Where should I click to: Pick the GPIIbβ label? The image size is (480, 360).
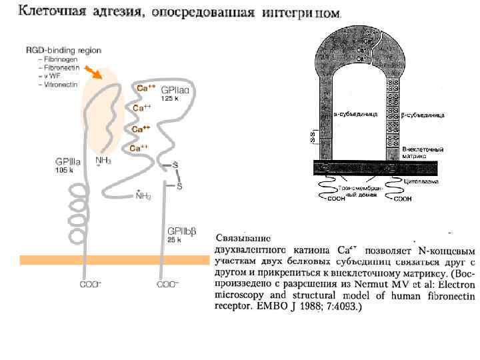(181, 231)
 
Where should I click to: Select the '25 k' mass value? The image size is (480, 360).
(174, 240)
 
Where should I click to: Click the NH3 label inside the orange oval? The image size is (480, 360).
(103, 160)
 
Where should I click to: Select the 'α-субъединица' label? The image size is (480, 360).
(356, 114)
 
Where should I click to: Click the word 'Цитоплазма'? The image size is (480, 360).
(421, 181)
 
